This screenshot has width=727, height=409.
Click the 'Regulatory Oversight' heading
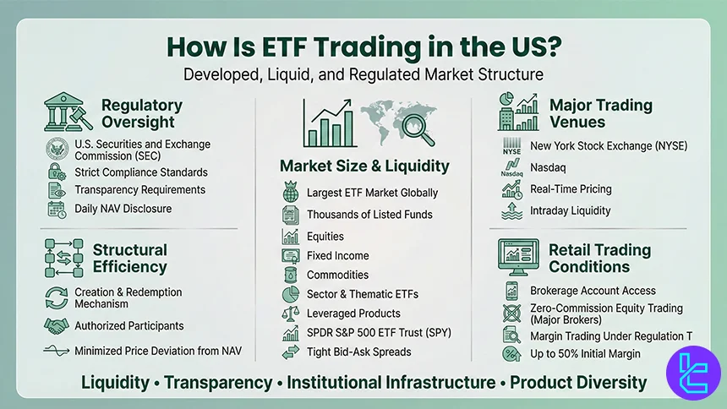(x=141, y=113)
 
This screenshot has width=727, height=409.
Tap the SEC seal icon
(x=57, y=150)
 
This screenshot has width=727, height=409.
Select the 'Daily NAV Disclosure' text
(x=123, y=208)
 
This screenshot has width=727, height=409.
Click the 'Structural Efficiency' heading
(x=129, y=258)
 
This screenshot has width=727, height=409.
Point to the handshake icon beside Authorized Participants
(x=57, y=325)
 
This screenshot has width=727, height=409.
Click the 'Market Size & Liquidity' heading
(x=364, y=166)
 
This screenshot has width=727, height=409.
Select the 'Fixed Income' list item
(x=337, y=255)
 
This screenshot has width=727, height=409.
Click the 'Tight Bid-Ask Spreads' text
(x=358, y=352)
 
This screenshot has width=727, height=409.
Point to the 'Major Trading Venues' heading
(x=600, y=113)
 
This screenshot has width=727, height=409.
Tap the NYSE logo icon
(x=512, y=146)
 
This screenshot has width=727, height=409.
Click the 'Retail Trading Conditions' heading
(x=599, y=258)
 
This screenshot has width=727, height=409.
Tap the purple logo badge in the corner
(x=690, y=374)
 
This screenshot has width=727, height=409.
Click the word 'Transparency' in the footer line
(x=219, y=382)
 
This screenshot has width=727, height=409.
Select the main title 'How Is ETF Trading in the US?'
(x=363, y=47)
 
